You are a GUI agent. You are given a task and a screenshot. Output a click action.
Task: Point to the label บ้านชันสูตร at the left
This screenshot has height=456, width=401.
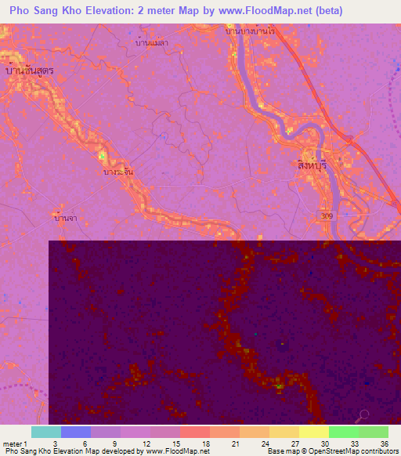point(29,71)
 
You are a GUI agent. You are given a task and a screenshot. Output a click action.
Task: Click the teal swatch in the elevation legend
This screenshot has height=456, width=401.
point(45,432)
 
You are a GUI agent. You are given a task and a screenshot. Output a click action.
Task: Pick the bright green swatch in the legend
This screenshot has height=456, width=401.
point(343,432)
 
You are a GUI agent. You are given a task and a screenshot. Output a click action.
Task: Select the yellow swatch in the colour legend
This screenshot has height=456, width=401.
point(313,432)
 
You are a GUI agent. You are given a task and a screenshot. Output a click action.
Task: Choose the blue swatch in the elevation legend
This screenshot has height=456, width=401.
point(75,432)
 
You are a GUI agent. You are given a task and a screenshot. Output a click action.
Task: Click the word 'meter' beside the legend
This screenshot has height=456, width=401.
point(11,443)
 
